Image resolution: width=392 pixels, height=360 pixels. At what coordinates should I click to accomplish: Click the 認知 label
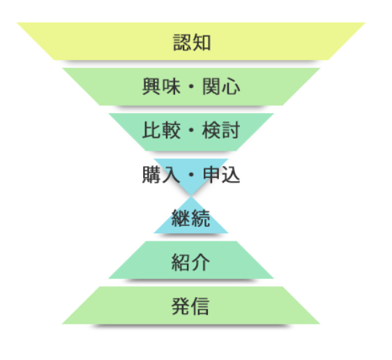pyautogui.click(x=192, y=43)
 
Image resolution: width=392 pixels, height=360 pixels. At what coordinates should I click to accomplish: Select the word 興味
pyautogui.click(x=161, y=87)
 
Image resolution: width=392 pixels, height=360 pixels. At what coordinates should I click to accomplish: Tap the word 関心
pyautogui.click(x=221, y=87)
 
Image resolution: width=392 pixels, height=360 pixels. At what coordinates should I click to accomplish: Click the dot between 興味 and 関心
pyautogui.click(x=191, y=87)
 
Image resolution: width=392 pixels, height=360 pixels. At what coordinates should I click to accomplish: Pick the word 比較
pyautogui.click(x=161, y=130)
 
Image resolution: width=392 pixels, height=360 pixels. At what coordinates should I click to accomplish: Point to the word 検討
pyautogui.click(x=221, y=130)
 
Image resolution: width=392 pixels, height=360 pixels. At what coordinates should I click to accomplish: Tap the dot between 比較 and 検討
pyautogui.click(x=191, y=130)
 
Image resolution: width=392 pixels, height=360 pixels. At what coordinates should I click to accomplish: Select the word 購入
pyautogui.click(x=161, y=174)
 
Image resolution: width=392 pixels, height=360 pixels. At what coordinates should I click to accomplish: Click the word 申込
pyautogui.click(x=221, y=174)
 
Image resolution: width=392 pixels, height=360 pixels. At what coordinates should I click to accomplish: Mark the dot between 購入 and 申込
pyautogui.click(x=191, y=174)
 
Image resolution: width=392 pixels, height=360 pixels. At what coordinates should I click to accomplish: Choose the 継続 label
pyautogui.click(x=190, y=218)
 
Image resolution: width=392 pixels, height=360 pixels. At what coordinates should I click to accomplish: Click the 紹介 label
pyautogui.click(x=190, y=262)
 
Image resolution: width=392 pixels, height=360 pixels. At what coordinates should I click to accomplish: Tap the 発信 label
pyautogui.click(x=190, y=306)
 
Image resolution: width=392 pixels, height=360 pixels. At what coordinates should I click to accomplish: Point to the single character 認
pyautogui.click(x=182, y=43)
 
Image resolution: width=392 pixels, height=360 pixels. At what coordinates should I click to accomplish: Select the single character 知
pyautogui.click(x=202, y=43)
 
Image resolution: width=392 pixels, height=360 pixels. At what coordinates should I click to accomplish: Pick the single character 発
pyautogui.click(x=181, y=306)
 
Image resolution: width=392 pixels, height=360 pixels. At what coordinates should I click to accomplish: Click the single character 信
pyautogui.click(x=199, y=306)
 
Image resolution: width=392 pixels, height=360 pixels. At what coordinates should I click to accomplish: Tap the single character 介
pyautogui.click(x=200, y=262)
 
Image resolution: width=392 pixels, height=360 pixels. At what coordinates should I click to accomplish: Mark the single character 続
pyautogui.click(x=200, y=218)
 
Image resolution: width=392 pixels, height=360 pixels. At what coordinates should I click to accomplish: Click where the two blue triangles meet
pyautogui.click(x=191, y=196)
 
